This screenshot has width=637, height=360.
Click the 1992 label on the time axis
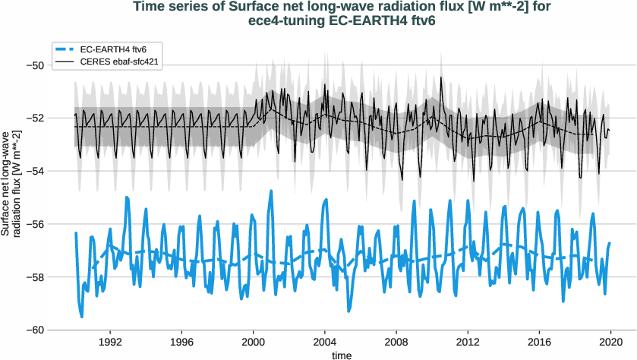[x=110, y=342]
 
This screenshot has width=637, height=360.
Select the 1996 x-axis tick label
[x=181, y=342]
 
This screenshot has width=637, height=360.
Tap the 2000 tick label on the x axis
[x=254, y=342]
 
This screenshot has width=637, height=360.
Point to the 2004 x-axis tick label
[x=325, y=342]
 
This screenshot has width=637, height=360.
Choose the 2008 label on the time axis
[x=396, y=342]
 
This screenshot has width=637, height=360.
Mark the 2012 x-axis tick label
[x=468, y=342]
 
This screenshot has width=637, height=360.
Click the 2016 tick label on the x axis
[x=540, y=342]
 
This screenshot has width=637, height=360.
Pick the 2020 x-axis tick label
[x=611, y=342]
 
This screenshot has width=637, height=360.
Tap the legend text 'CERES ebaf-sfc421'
[x=119, y=60]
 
